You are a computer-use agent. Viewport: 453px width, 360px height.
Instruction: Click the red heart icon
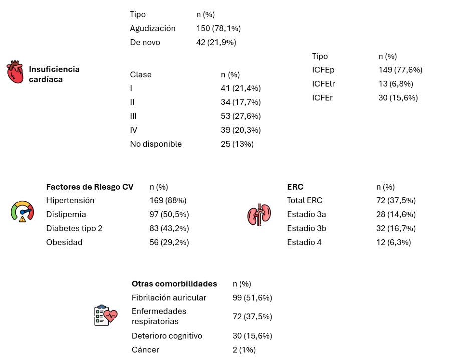(15, 72)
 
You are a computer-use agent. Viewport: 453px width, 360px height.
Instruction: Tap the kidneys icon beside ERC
(259, 214)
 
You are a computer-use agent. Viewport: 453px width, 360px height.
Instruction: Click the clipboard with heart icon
(106, 315)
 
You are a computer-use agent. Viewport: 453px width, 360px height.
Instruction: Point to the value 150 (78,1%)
(218, 28)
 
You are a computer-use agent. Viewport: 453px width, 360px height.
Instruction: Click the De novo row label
(145, 42)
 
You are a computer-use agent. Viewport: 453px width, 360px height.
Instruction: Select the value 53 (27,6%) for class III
(241, 116)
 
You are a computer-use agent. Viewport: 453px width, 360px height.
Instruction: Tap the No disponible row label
(156, 144)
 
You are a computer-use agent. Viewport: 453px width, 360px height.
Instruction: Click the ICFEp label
(323, 70)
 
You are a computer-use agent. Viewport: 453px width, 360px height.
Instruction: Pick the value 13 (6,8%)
(396, 84)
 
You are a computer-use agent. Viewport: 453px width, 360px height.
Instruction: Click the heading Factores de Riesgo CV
(90, 187)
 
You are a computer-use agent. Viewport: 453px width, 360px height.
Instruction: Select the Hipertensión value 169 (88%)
(168, 200)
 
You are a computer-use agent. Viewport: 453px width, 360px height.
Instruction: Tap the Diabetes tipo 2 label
(74, 228)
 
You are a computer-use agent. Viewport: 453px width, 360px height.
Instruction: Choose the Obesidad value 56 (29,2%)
(169, 242)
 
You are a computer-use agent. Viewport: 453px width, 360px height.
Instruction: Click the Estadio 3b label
(307, 228)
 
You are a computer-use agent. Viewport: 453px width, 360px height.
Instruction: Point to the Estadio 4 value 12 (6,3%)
(393, 242)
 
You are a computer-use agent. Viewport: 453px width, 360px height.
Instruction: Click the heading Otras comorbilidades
(174, 284)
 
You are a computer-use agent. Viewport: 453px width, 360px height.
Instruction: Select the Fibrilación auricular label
(169, 298)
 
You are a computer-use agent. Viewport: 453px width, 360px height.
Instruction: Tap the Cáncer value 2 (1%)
(244, 350)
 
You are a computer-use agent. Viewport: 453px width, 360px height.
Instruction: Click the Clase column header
(141, 75)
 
